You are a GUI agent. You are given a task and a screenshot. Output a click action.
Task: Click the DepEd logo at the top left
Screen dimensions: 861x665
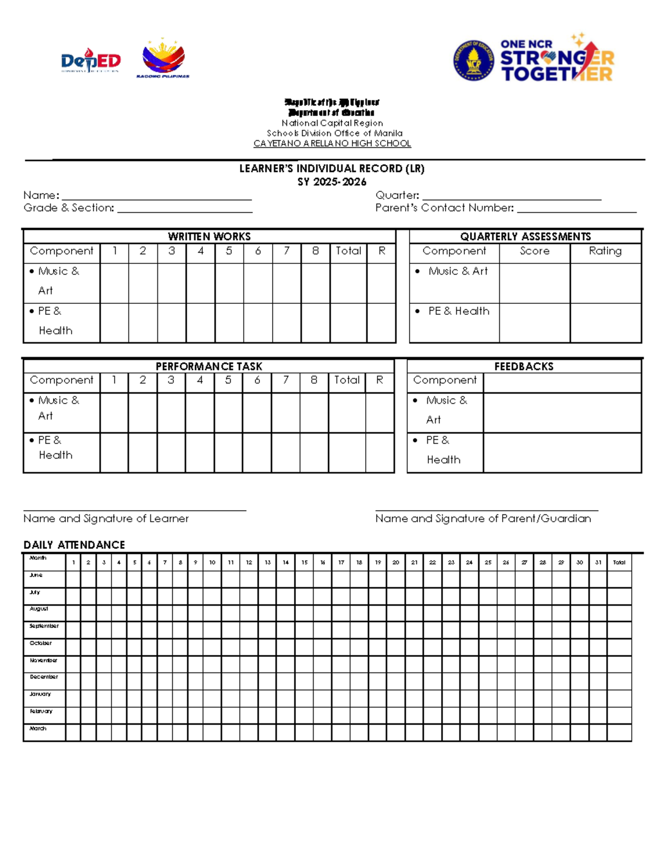[x=90, y=61]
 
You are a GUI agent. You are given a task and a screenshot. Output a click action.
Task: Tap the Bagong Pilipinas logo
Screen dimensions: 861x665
[x=163, y=59]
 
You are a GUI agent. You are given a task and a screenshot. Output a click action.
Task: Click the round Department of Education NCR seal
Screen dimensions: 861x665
[x=473, y=60]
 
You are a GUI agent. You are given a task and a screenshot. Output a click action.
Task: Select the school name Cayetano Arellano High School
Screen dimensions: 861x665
[x=332, y=144]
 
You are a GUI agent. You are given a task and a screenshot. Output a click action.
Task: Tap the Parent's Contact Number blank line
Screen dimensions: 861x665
[x=576, y=210]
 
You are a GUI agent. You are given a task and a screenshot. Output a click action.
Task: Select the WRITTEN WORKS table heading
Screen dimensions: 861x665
[x=209, y=237]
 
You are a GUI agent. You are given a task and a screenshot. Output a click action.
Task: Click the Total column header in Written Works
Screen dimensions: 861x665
[x=348, y=251]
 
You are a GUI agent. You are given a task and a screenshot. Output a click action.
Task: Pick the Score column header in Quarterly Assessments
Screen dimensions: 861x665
[x=534, y=251]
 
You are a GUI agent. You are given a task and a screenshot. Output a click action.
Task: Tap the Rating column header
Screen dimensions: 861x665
[x=605, y=251]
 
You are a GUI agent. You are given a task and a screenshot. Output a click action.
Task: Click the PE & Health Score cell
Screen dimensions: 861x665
[x=534, y=323]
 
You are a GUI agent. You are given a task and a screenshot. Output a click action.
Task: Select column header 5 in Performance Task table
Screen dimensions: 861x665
[x=228, y=380]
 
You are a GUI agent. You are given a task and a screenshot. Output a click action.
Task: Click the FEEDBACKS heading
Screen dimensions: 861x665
[x=524, y=366]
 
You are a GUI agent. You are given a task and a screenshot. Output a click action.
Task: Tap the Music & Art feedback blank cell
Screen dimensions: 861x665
[x=562, y=413]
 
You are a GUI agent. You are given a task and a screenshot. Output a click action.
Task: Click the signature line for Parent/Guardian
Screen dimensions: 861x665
[x=487, y=509]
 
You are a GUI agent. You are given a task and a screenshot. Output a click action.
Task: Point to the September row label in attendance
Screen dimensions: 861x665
[x=44, y=626]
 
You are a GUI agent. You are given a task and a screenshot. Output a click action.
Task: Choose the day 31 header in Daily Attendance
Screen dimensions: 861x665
[x=598, y=562]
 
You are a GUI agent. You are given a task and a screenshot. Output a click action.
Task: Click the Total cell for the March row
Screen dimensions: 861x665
[x=619, y=732]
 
